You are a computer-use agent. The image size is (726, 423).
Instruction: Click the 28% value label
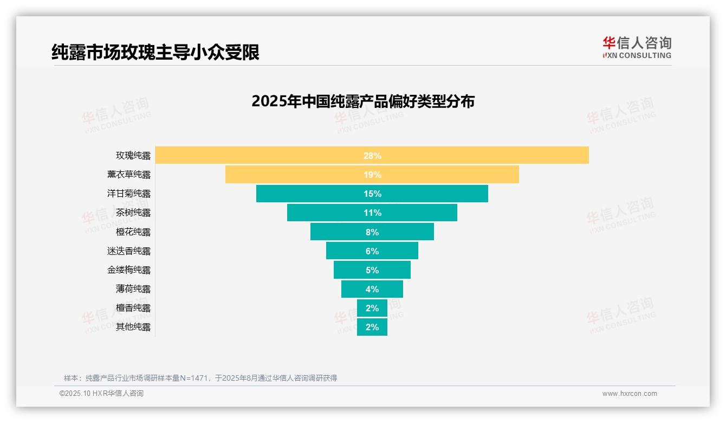(372, 156)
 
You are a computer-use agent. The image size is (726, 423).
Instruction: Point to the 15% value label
(372, 194)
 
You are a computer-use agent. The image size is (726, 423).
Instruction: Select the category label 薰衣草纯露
(129, 175)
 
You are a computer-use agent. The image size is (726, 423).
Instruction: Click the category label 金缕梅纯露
(129, 270)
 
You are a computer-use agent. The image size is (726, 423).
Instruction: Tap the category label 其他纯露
(133, 327)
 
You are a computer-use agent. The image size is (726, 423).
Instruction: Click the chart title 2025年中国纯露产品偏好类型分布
(363, 101)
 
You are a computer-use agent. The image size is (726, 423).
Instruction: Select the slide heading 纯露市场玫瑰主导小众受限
(155, 52)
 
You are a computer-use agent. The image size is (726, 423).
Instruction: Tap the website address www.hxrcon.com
(630, 394)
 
